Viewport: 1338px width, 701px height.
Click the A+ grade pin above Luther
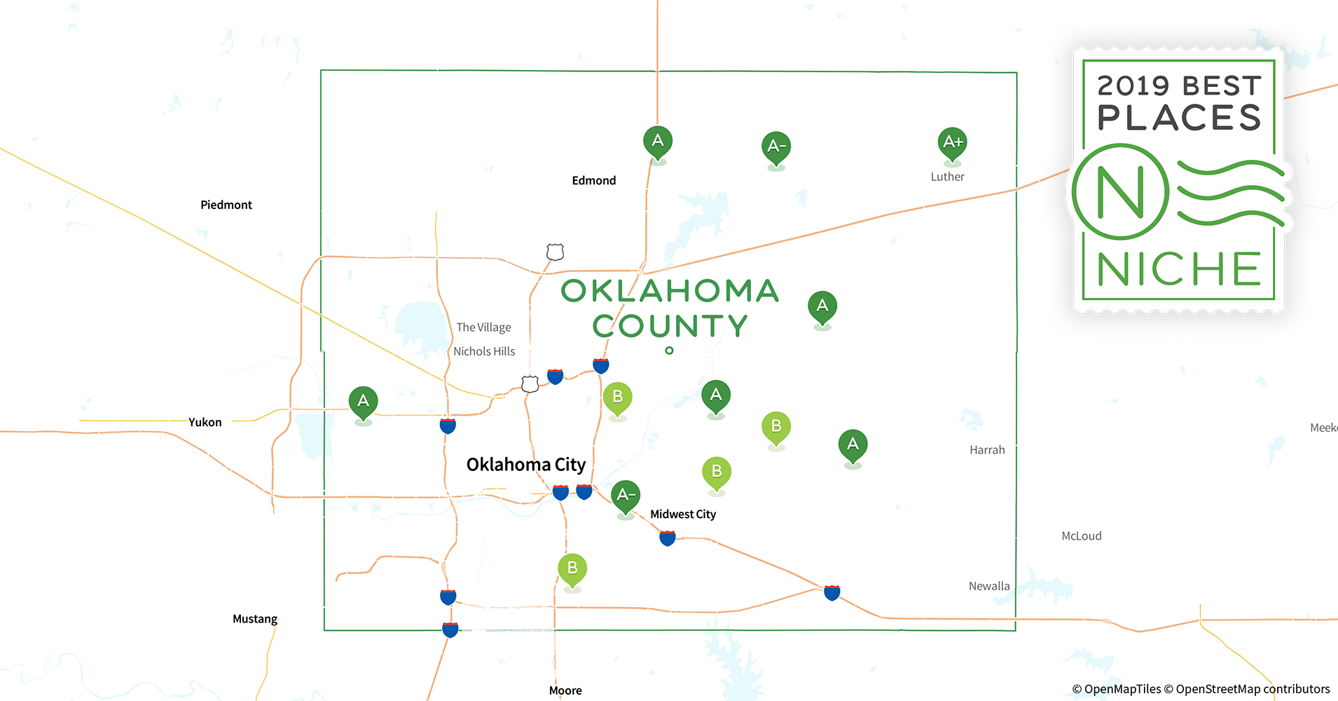pyautogui.click(x=952, y=142)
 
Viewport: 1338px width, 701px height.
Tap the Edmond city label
pyautogui.click(x=593, y=180)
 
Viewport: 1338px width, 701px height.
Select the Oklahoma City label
pyautogui.click(x=525, y=465)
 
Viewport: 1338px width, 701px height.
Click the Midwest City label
pyautogui.click(x=683, y=514)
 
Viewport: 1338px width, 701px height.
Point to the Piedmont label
pyautogui.click(x=226, y=205)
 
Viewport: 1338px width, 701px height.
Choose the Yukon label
pyautogui.click(x=205, y=422)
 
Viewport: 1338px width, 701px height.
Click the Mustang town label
pyautogui.click(x=255, y=619)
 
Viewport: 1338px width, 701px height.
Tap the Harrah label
pyautogui.click(x=987, y=450)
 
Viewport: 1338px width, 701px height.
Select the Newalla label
pyautogui.click(x=989, y=586)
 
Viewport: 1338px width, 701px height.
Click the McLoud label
pyautogui.click(x=1082, y=536)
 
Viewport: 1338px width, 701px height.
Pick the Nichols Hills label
pyautogui.click(x=484, y=351)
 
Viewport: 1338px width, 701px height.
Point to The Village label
pyautogui.click(x=483, y=327)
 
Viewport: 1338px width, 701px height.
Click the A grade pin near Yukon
pyautogui.click(x=363, y=402)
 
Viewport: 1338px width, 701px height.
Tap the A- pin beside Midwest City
pyautogui.click(x=626, y=496)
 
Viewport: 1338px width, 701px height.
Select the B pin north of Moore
pyautogui.click(x=572, y=569)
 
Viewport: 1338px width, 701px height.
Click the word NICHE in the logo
pyautogui.click(x=1178, y=269)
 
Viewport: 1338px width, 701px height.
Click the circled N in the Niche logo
pyautogui.click(x=1120, y=191)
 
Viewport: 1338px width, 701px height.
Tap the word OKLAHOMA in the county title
pyautogui.click(x=670, y=291)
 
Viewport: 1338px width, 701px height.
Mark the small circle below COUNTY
pyautogui.click(x=669, y=350)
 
